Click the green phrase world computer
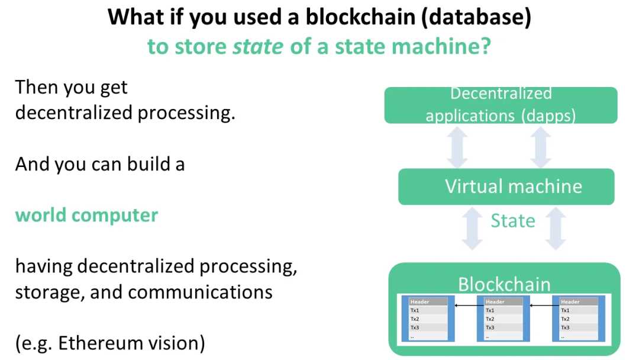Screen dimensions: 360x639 (86, 215)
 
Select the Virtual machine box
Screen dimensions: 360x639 (506, 187)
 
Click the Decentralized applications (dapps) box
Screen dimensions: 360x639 (501, 105)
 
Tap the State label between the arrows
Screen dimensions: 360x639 (512, 221)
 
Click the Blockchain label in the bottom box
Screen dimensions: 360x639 (504, 284)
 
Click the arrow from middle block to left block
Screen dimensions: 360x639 (465, 306)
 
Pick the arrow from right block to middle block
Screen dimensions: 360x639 (540, 306)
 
